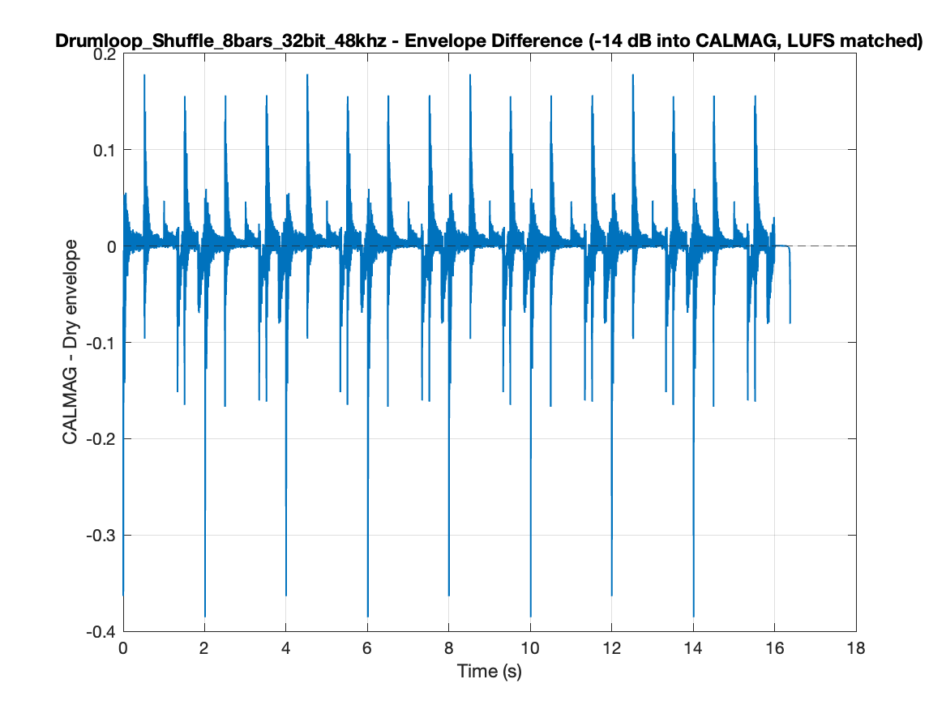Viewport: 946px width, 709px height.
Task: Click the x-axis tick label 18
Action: [x=855, y=648]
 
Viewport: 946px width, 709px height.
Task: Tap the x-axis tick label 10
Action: [x=529, y=648]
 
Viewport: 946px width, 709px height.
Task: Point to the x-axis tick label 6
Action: [x=367, y=648]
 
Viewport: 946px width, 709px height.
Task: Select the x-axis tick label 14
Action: [x=692, y=648]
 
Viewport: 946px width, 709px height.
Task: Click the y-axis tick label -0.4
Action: [x=101, y=632]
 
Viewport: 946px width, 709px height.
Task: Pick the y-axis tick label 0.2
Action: [x=105, y=54]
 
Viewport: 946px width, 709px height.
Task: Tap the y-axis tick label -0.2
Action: [x=101, y=439]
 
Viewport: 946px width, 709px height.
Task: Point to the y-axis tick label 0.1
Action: [x=105, y=150]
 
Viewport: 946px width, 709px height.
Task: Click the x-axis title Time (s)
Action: [x=490, y=671]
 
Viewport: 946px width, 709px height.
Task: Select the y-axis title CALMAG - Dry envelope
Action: [x=70, y=343]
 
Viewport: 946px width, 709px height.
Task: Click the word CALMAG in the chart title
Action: [x=730, y=41]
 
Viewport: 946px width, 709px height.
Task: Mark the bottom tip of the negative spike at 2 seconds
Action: [x=205, y=617]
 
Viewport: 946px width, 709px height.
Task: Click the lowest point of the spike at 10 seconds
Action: [x=530, y=617]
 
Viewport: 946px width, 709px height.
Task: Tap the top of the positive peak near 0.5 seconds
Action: [x=144, y=75]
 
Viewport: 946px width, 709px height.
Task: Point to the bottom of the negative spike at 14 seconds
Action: [x=693, y=617]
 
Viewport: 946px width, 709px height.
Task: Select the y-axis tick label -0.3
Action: [x=101, y=536]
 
